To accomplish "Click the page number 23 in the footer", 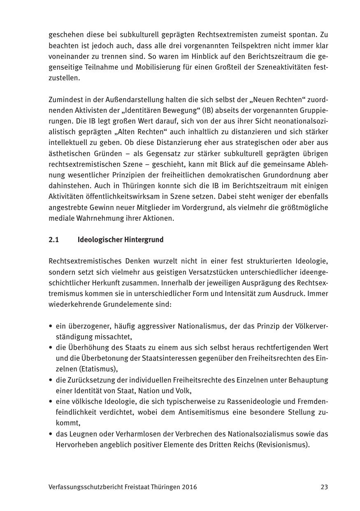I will pyautogui.click(x=324, y=487).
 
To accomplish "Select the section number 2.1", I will pyautogui.click(x=54, y=240).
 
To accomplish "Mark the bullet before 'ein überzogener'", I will pyautogui.click(x=51, y=327).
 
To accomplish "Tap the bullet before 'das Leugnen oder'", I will pyautogui.click(x=51, y=434).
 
